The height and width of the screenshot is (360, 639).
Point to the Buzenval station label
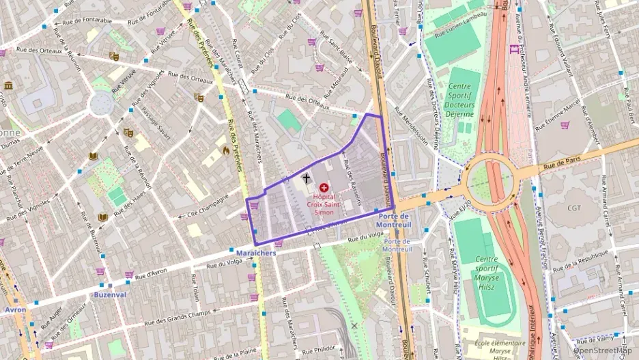109,294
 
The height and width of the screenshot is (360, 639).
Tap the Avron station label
15,309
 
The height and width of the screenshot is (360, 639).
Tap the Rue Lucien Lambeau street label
464,26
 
